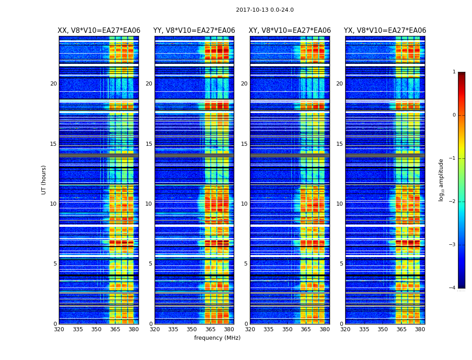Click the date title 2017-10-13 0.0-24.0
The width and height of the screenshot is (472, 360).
pyautogui.click(x=265, y=10)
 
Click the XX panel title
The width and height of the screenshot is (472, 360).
pyautogui.click(x=99, y=31)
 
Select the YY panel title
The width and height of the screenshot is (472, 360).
pyautogui.click(x=194, y=31)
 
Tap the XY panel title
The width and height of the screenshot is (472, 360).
pyautogui.click(x=290, y=31)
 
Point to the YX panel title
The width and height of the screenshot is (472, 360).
pyautogui.click(x=385, y=31)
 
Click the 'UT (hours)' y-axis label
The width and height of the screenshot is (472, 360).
pyautogui.click(x=44, y=180)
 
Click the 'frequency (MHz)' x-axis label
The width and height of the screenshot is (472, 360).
pyautogui.click(x=217, y=338)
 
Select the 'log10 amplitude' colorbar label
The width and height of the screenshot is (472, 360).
pyautogui.click(x=441, y=180)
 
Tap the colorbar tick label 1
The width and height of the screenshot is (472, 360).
pyautogui.click(x=454, y=72)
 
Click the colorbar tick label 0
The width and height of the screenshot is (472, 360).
pyautogui.click(x=454, y=115)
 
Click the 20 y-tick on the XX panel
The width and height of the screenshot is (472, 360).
pyautogui.click(x=53, y=84)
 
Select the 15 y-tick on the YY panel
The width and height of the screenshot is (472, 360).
pyautogui.click(x=149, y=144)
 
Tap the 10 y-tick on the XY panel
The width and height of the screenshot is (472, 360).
pyautogui.click(x=244, y=204)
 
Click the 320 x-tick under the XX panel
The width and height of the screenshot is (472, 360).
pyautogui.click(x=59, y=329)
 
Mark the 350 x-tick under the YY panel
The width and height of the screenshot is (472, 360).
pyautogui.click(x=192, y=329)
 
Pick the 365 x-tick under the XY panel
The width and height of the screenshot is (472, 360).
pyautogui.click(x=306, y=329)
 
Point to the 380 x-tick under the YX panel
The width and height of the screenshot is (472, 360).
pyautogui.click(x=420, y=329)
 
